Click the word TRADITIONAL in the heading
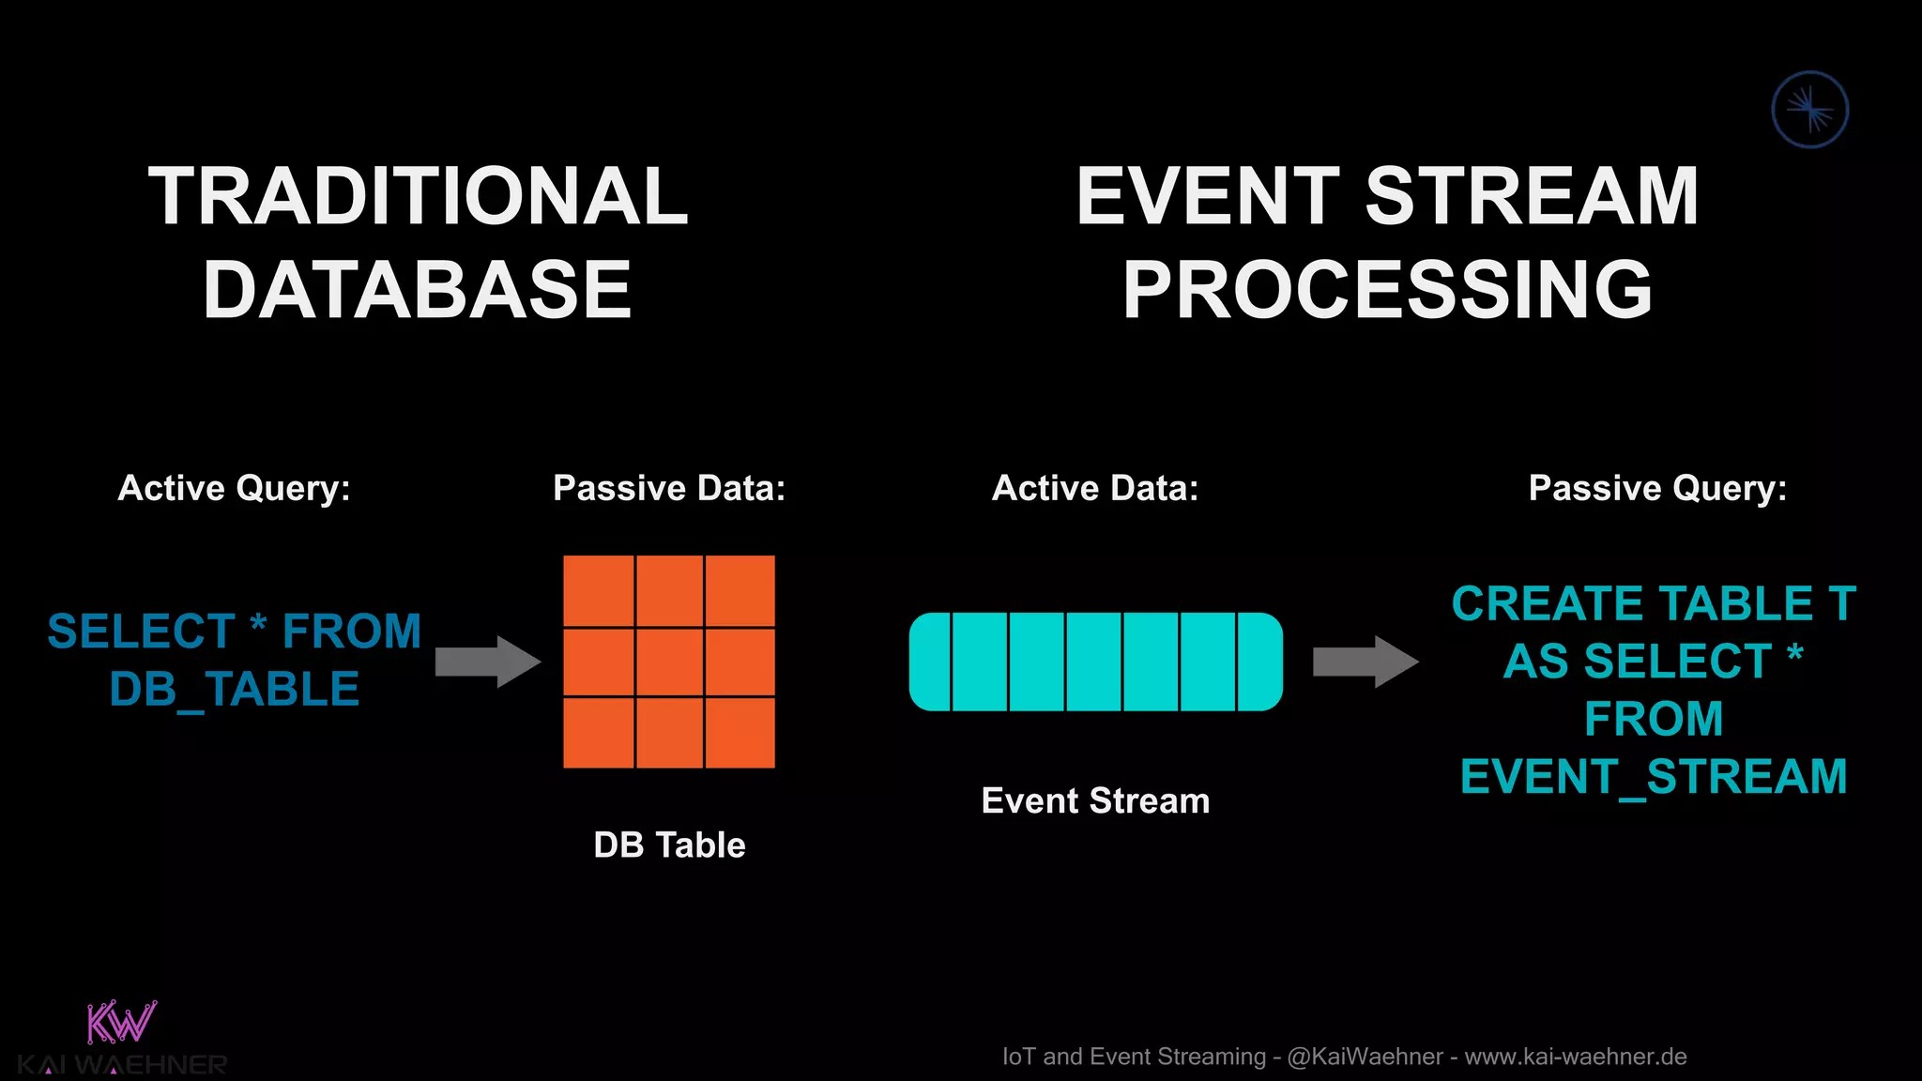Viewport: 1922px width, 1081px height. (419, 197)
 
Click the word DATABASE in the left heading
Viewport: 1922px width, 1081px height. (418, 290)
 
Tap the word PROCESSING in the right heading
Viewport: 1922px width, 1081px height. (1387, 290)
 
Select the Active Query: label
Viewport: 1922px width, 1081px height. (234, 488)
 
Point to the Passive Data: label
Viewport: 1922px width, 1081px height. (669, 488)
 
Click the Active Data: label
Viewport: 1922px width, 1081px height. (1095, 488)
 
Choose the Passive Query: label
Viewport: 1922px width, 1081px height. (1657, 488)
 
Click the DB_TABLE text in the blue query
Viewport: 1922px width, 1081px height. (235, 690)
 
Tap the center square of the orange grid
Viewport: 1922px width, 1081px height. (669, 662)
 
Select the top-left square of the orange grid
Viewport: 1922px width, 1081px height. (599, 590)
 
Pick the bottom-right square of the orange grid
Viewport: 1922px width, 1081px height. (740, 733)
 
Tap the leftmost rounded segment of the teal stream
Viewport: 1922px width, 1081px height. (930, 662)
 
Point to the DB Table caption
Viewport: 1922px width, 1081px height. (669, 845)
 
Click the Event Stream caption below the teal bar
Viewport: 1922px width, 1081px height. (1095, 800)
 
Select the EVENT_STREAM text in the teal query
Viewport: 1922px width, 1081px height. (1654, 777)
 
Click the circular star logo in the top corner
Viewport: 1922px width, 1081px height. (1809, 110)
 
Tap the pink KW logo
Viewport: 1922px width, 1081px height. (121, 1023)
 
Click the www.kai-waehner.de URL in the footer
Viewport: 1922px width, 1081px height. (1576, 1057)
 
